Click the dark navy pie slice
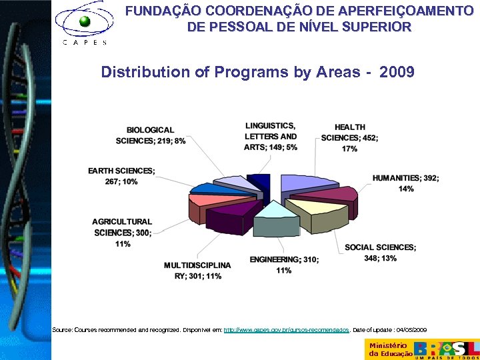259,183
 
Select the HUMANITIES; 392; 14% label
405,183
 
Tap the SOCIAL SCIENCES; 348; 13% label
380,253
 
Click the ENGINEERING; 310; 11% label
284,265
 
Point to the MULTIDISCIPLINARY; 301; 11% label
197,271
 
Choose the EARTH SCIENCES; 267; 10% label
121,176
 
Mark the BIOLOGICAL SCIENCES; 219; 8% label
151,135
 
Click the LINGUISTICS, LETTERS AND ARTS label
271,137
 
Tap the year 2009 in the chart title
397,72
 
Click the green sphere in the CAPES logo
85,21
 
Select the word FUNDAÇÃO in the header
163,11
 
